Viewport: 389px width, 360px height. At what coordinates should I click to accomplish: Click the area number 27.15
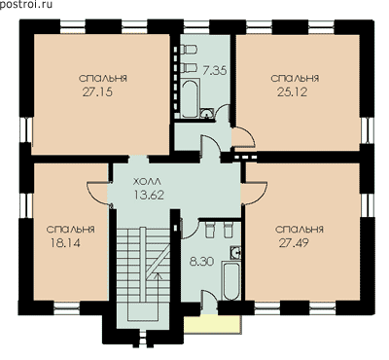click(x=97, y=92)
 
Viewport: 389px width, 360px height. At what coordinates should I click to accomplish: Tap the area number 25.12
click(x=292, y=92)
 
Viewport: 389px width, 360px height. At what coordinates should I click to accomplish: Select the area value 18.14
click(x=65, y=242)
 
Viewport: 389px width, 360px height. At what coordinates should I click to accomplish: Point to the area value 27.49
click(x=294, y=242)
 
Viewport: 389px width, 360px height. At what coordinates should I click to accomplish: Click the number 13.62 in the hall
click(x=149, y=195)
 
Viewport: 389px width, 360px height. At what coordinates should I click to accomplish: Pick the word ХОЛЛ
click(x=147, y=181)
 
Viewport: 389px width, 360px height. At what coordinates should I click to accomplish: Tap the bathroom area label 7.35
click(x=214, y=70)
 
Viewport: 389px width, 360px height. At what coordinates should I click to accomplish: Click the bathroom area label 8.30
click(x=201, y=262)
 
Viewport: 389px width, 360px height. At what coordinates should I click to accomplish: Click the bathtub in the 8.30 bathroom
click(x=231, y=281)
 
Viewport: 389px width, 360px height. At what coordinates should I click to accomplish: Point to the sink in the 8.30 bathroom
click(x=235, y=252)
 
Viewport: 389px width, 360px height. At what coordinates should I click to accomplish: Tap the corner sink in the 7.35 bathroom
click(x=207, y=113)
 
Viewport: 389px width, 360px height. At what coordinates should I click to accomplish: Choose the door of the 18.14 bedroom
click(x=98, y=193)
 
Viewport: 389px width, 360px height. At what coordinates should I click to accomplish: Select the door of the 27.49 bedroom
click(x=254, y=194)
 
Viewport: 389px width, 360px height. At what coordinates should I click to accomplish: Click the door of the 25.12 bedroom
click(x=244, y=138)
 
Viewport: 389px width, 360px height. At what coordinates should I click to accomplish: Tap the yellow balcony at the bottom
click(x=212, y=324)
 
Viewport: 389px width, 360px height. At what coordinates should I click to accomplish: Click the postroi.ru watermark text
click(x=25, y=4)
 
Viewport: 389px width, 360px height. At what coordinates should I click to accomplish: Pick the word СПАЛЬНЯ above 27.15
click(x=103, y=79)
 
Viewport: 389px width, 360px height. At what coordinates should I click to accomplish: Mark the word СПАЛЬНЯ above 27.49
click(x=300, y=229)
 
